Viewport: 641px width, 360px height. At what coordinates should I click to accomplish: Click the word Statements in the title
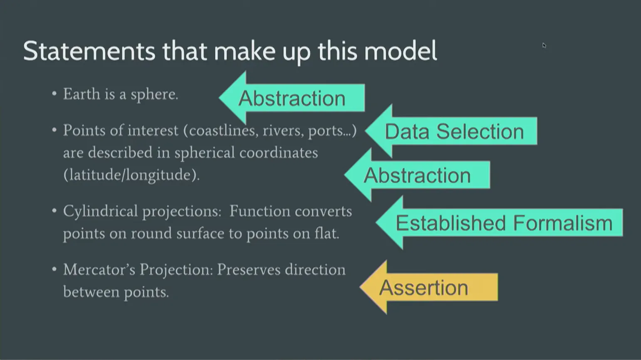[x=89, y=51]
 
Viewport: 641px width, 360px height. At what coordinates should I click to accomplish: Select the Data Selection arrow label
[x=454, y=131]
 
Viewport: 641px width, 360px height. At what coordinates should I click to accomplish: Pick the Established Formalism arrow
[x=504, y=223]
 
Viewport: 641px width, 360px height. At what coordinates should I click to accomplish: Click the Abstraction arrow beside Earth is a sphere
[x=292, y=98]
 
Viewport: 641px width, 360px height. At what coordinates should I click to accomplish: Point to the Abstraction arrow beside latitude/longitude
[x=417, y=175]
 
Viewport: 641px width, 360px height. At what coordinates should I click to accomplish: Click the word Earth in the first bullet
[x=82, y=94]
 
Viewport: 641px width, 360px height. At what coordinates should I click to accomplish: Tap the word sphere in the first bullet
[x=154, y=95]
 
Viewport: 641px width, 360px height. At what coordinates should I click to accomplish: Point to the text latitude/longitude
[x=131, y=175]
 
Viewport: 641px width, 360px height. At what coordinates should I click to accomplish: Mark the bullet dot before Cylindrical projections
[x=54, y=211]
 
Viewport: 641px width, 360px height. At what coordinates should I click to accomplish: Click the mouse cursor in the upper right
[x=544, y=45]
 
